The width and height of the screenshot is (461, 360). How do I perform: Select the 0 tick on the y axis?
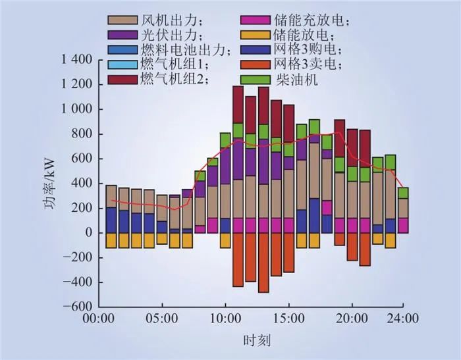click(x=88, y=233)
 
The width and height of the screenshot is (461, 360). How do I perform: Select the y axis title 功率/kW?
click(x=51, y=184)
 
